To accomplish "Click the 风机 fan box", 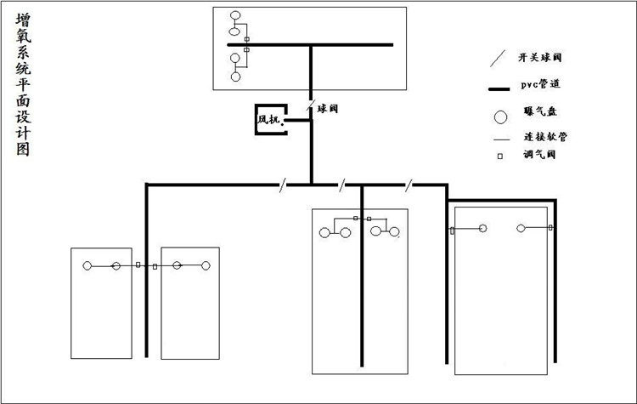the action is (x=269, y=120).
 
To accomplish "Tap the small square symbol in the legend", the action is (x=500, y=156).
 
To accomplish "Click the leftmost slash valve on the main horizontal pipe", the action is (x=281, y=184).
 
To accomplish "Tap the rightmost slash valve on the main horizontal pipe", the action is (x=409, y=184).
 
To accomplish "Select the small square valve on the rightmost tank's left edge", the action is (x=452, y=230).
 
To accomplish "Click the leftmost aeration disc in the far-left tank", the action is (x=87, y=266).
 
